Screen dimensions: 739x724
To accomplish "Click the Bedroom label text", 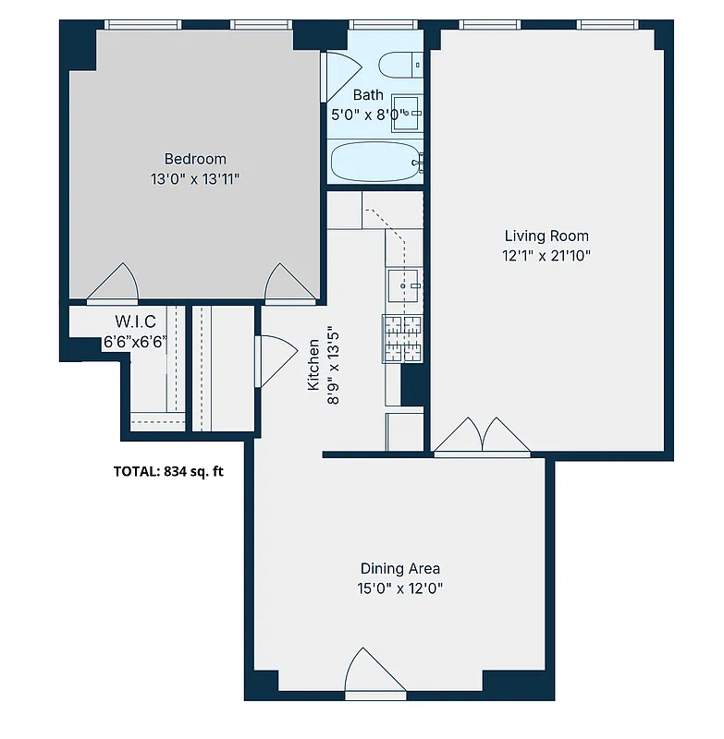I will pos(194,159).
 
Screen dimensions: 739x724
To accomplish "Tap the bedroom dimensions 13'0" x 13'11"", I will pos(194,178).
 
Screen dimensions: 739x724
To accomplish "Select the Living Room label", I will pos(546,236).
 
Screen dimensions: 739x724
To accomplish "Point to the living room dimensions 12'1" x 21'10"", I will pos(546,256).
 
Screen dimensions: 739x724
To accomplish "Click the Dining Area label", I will pos(399,568).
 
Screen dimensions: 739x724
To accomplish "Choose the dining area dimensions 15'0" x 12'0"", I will pos(399,588).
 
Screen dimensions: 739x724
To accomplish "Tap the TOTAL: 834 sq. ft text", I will pos(168,471).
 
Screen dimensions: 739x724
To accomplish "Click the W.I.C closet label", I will pos(134,322).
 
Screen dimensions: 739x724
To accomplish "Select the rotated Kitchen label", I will pos(314,362).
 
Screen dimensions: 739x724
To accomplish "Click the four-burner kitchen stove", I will pos(402,337).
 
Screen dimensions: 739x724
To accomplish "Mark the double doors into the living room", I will pos(482,436).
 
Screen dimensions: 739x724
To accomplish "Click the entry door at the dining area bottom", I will pos(374,672).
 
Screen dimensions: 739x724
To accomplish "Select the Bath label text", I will pos(367,94).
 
